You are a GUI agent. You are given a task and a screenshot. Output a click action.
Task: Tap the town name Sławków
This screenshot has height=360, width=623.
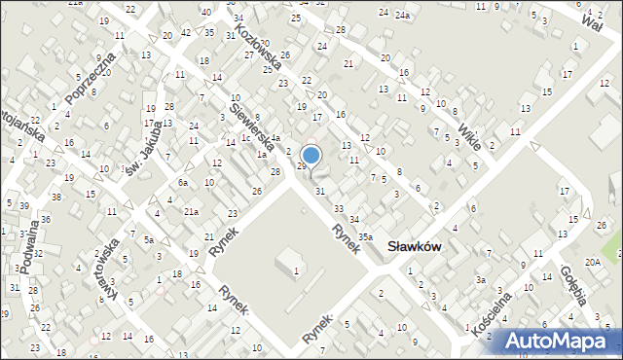point(415,246)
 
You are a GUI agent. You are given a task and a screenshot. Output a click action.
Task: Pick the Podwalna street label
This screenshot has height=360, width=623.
point(30,249)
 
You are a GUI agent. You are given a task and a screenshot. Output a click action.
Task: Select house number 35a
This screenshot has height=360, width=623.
point(365,236)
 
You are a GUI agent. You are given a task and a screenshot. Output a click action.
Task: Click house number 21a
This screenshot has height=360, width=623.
point(192,211)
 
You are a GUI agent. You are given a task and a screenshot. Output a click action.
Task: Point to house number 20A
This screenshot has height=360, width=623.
point(592,262)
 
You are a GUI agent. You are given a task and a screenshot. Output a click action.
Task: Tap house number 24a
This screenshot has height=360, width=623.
point(403,15)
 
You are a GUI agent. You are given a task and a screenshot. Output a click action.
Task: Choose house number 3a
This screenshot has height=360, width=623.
point(480,279)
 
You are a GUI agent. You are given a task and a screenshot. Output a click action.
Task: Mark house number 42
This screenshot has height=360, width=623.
point(185,33)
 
